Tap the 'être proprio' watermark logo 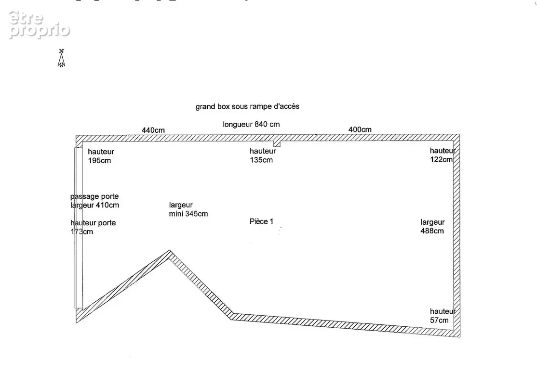point(39,24)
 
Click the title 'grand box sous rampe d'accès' point(247,106)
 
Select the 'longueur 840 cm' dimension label point(251,125)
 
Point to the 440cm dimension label point(153,130)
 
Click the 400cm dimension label point(360,129)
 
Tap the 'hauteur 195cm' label point(101,156)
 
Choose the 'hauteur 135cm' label point(262,155)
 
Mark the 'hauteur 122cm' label point(443,155)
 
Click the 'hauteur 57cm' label point(443,316)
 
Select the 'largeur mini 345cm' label point(188,209)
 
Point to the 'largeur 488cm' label point(432,226)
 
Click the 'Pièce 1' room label point(261,221)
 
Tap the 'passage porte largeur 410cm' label point(94,201)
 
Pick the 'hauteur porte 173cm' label point(93,227)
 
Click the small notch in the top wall point(277,143)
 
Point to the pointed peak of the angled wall point(170,251)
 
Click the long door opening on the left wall point(79,228)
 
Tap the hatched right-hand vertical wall point(456,236)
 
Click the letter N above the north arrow point(61,51)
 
